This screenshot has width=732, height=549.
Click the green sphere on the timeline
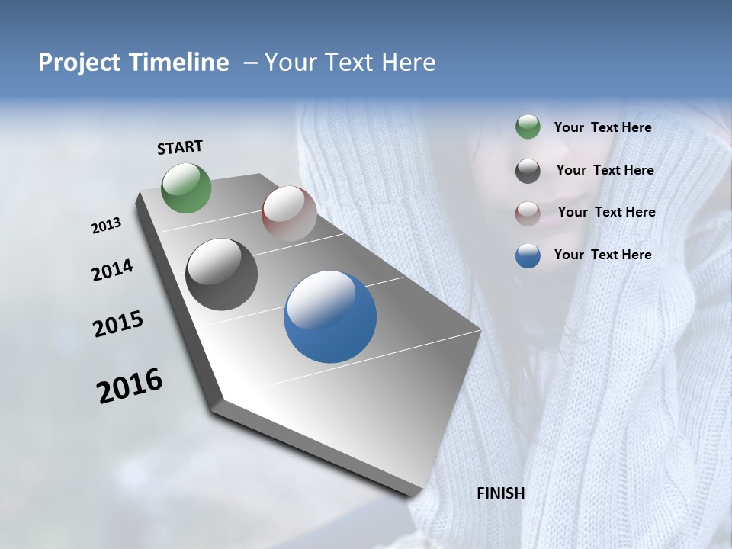click(x=187, y=188)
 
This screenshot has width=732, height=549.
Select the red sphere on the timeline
click(x=289, y=213)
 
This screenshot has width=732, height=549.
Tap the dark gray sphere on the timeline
click(x=222, y=274)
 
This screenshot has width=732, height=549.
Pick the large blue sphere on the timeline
click(x=330, y=316)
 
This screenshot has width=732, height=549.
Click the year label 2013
click(x=107, y=226)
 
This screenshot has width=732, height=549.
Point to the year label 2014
click(x=113, y=271)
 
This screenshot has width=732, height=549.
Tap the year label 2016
click(x=130, y=386)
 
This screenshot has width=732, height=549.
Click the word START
click(x=180, y=147)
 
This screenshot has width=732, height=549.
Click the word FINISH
click(x=501, y=493)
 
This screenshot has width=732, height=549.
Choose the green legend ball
click(x=528, y=127)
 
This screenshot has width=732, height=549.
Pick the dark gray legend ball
click(x=528, y=171)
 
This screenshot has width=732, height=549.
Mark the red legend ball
click(x=528, y=213)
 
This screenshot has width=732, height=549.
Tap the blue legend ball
click(x=528, y=255)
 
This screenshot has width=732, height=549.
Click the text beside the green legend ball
click(x=603, y=127)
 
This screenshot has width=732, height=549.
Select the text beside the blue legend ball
click(x=603, y=255)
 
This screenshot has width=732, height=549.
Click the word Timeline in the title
click(x=175, y=63)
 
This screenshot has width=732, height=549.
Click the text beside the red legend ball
click(x=607, y=212)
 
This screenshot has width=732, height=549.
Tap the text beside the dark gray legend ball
click(x=605, y=170)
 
